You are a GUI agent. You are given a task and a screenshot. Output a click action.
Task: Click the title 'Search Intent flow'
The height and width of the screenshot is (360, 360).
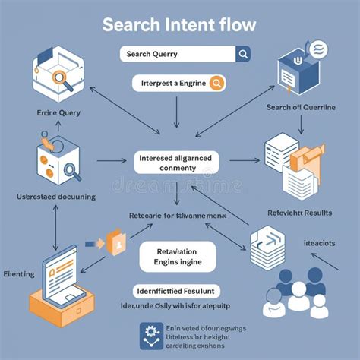[x=180, y=24]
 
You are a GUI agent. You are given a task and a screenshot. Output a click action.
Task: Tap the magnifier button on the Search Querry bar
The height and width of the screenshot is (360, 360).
[x=243, y=54]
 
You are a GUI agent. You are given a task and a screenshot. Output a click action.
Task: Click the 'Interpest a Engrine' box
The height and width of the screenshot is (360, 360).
[x=178, y=84]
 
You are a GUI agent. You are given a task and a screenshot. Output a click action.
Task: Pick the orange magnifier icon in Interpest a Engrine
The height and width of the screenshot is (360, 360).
[x=216, y=84]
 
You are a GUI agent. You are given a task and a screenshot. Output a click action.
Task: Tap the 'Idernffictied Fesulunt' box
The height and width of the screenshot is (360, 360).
[x=177, y=291]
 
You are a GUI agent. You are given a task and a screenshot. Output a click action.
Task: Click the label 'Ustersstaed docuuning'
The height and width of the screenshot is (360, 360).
[x=55, y=197]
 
